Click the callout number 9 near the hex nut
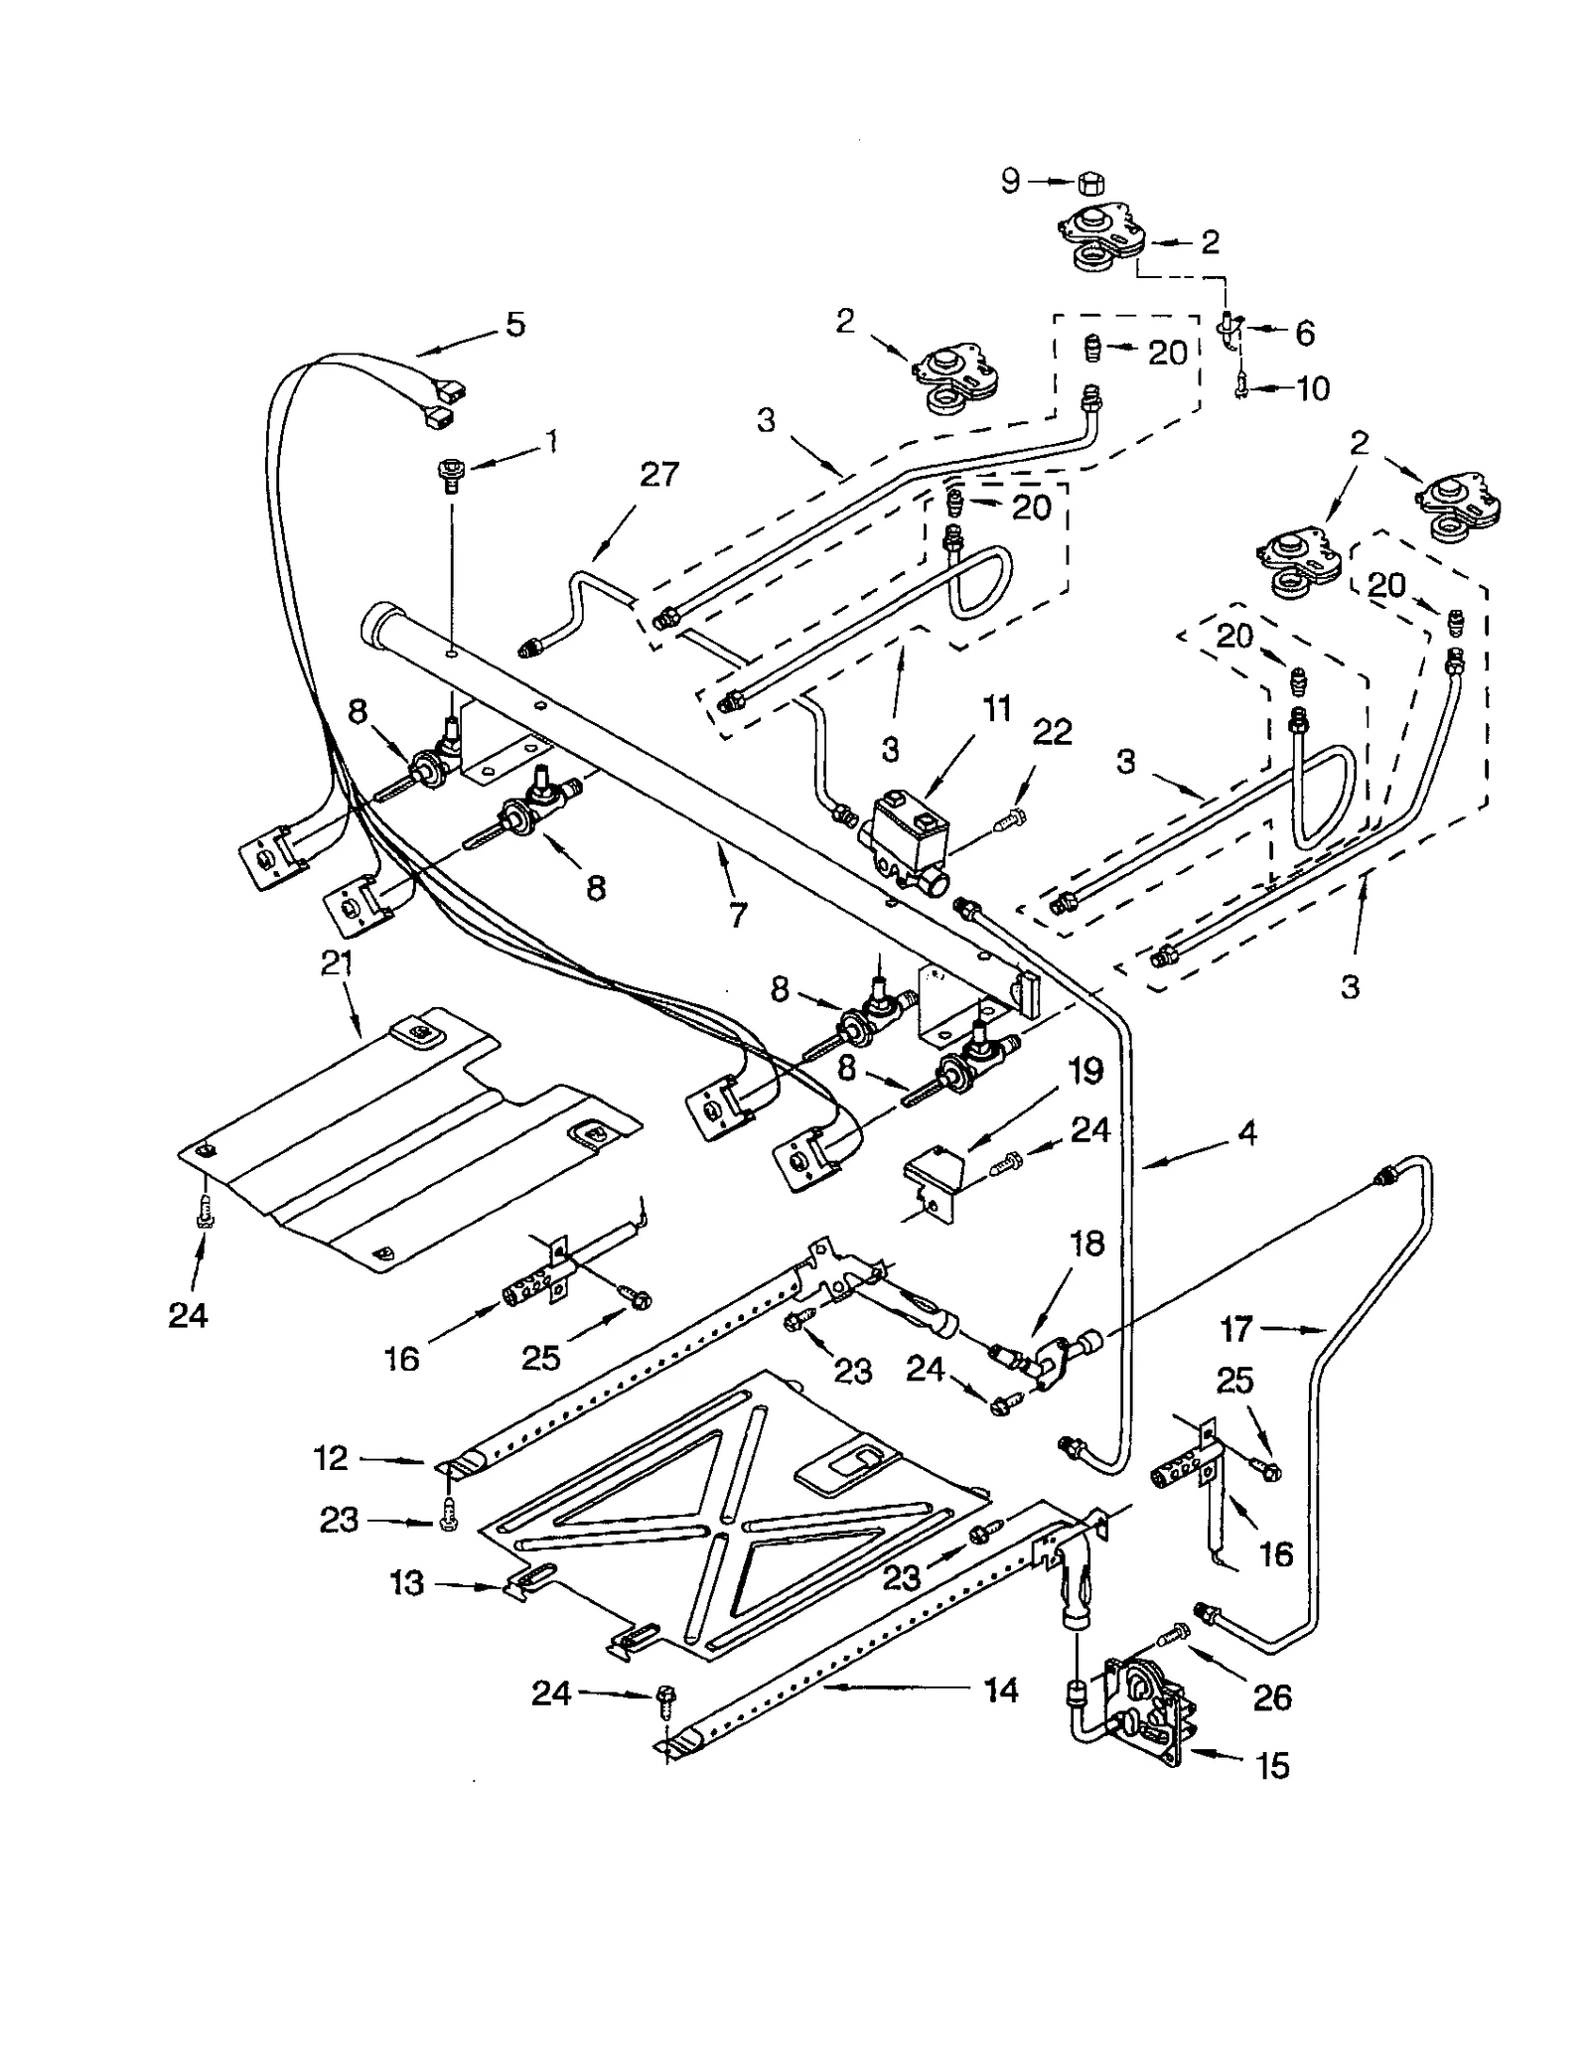(x=1009, y=181)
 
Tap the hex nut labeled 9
(x=1091, y=183)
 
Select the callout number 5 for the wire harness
(x=514, y=325)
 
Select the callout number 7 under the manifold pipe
(x=737, y=915)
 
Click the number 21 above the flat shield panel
(x=337, y=963)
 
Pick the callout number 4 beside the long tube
(x=1246, y=1133)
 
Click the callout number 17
(x=1236, y=1328)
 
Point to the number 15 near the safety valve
(x=1272, y=1765)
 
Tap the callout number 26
(x=1271, y=1697)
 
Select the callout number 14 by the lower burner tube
(x=1000, y=1690)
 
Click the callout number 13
(x=406, y=1582)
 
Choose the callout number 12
(x=331, y=1458)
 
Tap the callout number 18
(x=1087, y=1244)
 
